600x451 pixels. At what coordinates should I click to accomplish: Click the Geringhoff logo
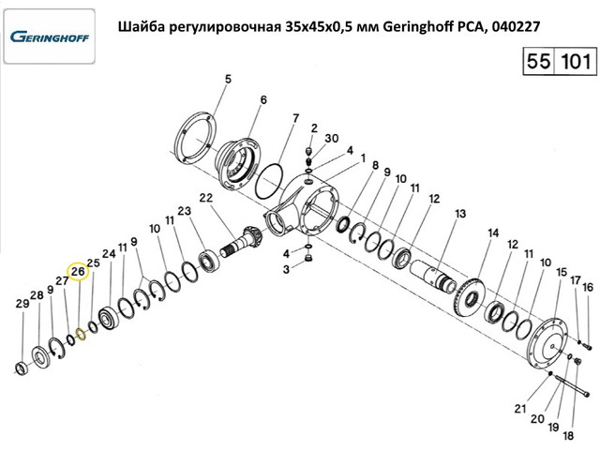pos(50,37)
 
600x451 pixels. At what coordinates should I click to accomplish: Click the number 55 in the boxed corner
pos(539,61)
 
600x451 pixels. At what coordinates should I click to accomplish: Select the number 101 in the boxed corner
pos(576,61)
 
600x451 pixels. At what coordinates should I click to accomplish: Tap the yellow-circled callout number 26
pos(78,271)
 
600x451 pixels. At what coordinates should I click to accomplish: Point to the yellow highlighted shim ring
pos(81,334)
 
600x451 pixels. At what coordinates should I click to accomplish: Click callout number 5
pos(228,80)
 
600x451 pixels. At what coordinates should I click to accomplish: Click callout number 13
pos(460,213)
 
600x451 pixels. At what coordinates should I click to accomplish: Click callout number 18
pos(568,435)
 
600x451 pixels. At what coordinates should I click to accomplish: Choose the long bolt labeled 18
pos(572,386)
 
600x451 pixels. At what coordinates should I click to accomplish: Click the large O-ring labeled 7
pos(269,181)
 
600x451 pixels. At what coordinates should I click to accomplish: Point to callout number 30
pos(331,138)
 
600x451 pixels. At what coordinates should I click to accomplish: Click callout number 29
pos(22,304)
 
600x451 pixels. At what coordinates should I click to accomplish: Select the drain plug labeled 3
pos(307,260)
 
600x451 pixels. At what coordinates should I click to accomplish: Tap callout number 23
pos(184,211)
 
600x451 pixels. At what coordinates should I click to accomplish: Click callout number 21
pos(520,409)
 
